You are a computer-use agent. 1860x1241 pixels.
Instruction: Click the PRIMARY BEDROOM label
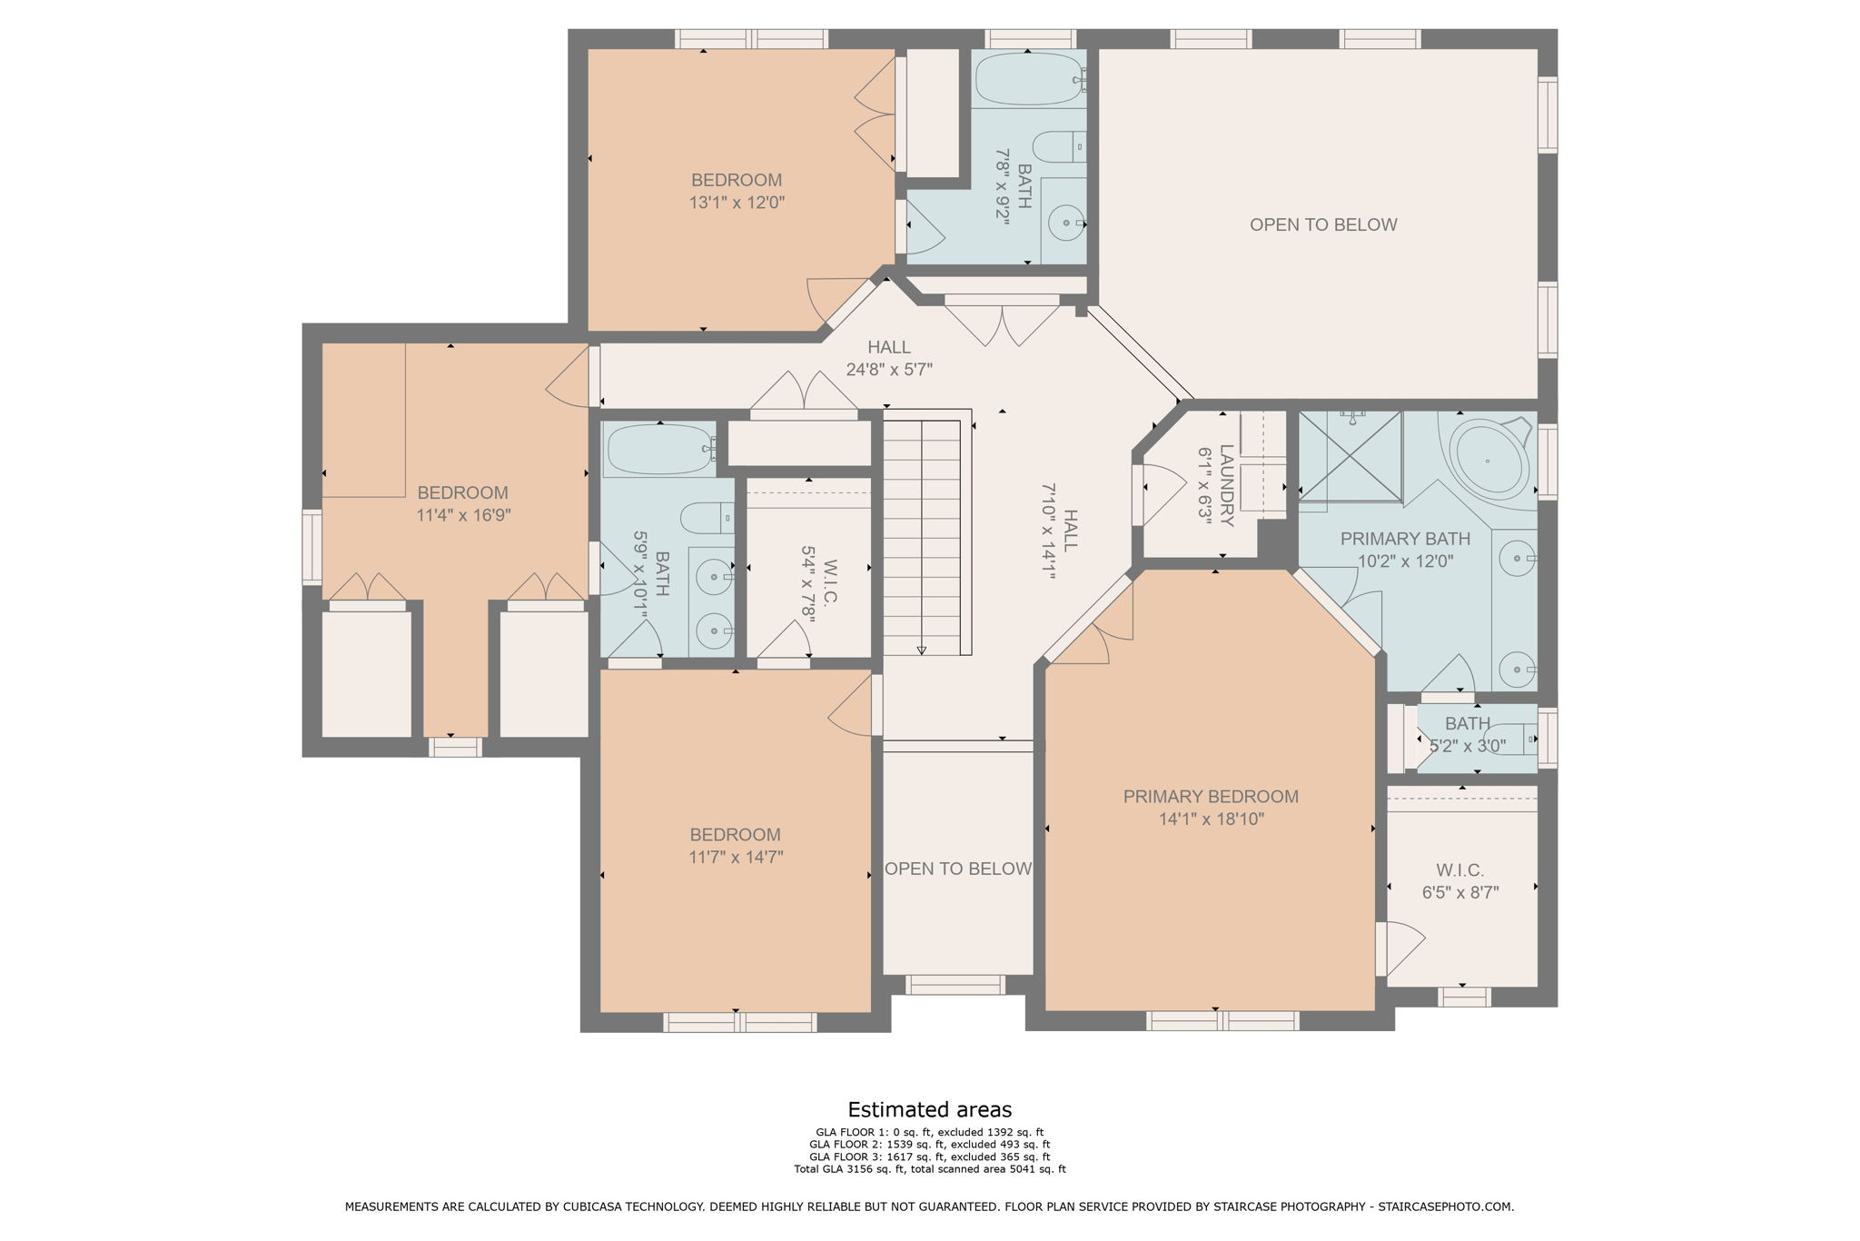tap(1211, 797)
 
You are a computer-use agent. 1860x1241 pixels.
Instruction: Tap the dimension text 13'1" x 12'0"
tap(737, 203)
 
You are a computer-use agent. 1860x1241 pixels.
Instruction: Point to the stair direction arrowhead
tap(922, 650)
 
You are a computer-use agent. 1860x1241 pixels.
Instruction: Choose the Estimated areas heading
tap(929, 1109)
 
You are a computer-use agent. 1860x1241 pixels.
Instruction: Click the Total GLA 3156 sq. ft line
tap(929, 1169)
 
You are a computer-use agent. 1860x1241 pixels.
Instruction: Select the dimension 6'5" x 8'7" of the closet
tap(1460, 893)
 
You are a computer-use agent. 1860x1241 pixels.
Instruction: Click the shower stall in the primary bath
tap(1350, 455)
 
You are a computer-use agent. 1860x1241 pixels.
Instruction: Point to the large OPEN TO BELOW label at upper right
tap(1323, 224)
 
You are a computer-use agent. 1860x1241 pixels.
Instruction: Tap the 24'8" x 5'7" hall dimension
tap(889, 370)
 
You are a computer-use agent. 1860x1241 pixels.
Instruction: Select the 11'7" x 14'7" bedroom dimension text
tap(736, 857)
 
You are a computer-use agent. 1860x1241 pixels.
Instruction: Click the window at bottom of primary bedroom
tap(1222, 1021)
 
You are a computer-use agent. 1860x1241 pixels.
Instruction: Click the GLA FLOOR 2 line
tap(929, 1145)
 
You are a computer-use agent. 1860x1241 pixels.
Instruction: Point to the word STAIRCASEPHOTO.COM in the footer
tap(1445, 1206)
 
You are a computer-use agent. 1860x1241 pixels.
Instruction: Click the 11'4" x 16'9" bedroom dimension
tap(463, 515)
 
